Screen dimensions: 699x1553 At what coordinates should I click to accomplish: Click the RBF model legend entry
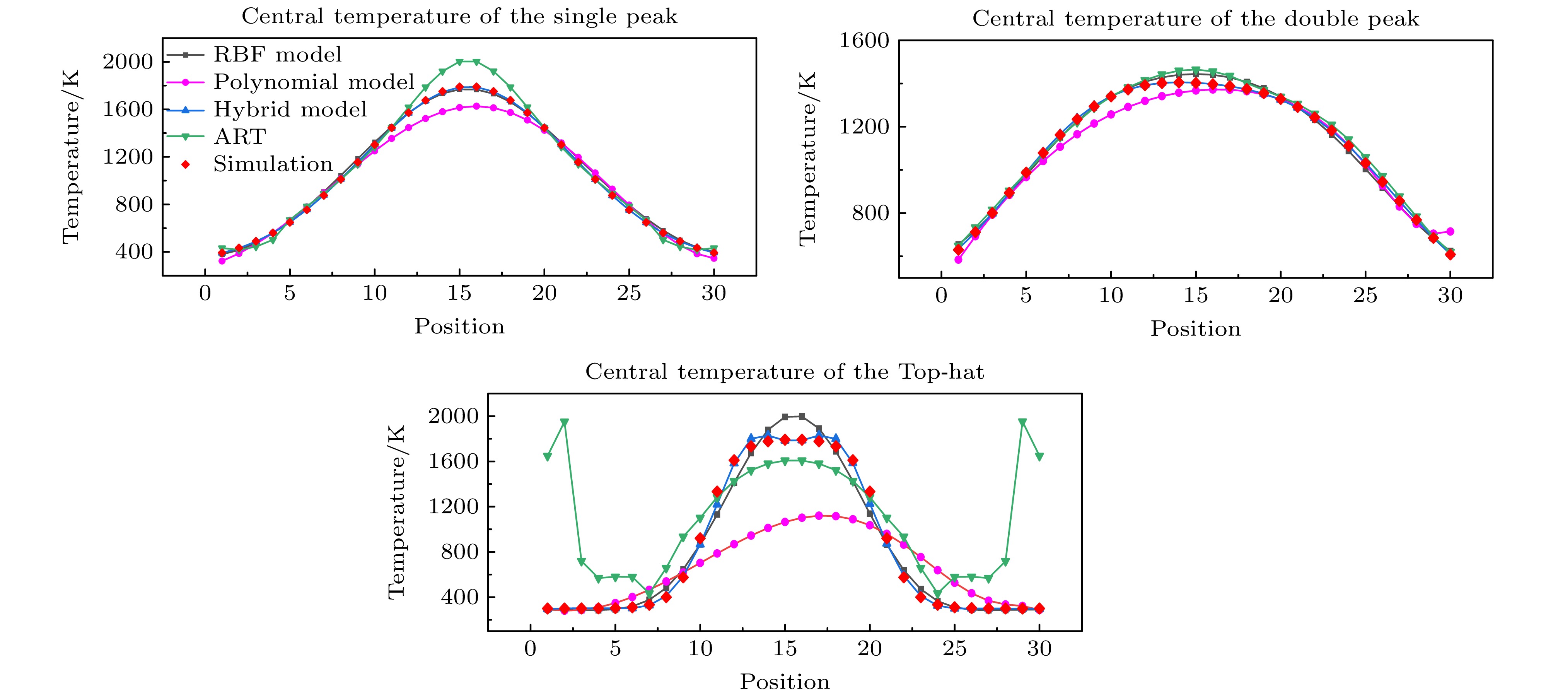pyautogui.click(x=277, y=55)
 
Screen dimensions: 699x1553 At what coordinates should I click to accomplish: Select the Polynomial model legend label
pyautogui.click(x=314, y=82)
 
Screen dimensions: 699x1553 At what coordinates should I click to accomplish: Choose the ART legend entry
pyautogui.click(x=239, y=137)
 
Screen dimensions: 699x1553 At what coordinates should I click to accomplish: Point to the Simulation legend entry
pyautogui.click(x=273, y=164)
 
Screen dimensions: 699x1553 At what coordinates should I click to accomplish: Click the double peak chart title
pyautogui.click(x=1196, y=19)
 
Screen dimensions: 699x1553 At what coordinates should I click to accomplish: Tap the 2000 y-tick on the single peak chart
pyautogui.click(x=128, y=62)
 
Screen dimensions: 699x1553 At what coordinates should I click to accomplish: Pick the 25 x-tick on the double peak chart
pyautogui.click(x=1365, y=296)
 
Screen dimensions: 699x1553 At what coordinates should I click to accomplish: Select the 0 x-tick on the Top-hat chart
pyautogui.click(x=530, y=649)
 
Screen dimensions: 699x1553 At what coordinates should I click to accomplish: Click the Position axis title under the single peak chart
pyautogui.click(x=459, y=326)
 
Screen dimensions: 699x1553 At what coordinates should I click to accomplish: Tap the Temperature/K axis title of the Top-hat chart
pyautogui.click(x=396, y=512)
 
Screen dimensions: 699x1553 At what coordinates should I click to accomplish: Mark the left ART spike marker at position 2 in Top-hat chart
pyautogui.click(x=564, y=422)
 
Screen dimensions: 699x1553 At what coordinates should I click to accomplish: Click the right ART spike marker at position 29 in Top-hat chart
pyautogui.click(x=1022, y=422)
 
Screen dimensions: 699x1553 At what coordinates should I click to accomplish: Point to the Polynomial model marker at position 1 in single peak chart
pyautogui.click(x=222, y=261)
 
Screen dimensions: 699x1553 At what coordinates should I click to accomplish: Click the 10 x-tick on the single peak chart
pyautogui.click(x=374, y=293)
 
